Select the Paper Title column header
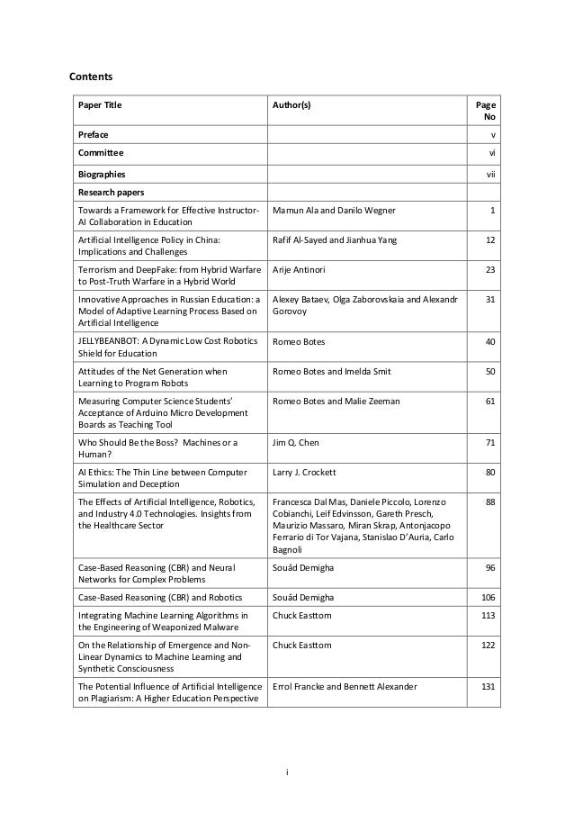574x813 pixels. click(x=100, y=105)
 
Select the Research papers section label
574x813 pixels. click(x=111, y=192)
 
